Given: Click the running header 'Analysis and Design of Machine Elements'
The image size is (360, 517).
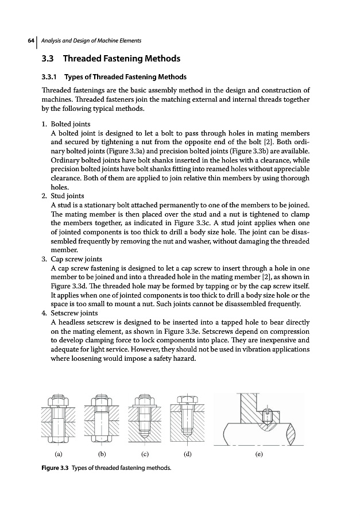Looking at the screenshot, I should pos(91,40).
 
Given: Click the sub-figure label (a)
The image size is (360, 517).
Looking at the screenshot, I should pos(58,454).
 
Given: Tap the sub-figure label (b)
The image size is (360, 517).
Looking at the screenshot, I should pos(102,454).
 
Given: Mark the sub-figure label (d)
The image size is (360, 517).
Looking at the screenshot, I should pos(187,454).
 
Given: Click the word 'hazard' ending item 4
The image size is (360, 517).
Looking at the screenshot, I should pos(184,359).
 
